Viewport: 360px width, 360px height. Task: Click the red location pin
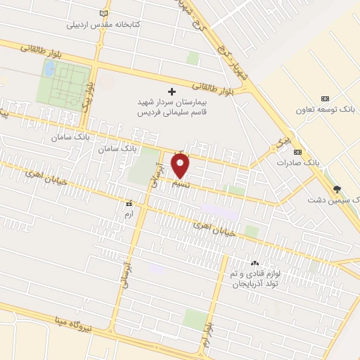(x=181, y=165)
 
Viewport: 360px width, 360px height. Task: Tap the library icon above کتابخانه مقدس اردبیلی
(x=105, y=13)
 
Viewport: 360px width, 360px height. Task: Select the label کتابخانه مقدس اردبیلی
(x=104, y=25)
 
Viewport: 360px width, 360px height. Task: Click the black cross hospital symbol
(x=172, y=91)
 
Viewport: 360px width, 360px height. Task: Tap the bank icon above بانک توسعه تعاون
(x=324, y=98)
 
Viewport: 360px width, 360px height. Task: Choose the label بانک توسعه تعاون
(x=324, y=110)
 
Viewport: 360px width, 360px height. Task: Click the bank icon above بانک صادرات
(x=297, y=151)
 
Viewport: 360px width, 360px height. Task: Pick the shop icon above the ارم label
(x=128, y=202)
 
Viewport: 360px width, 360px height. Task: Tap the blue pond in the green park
(x=49, y=69)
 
